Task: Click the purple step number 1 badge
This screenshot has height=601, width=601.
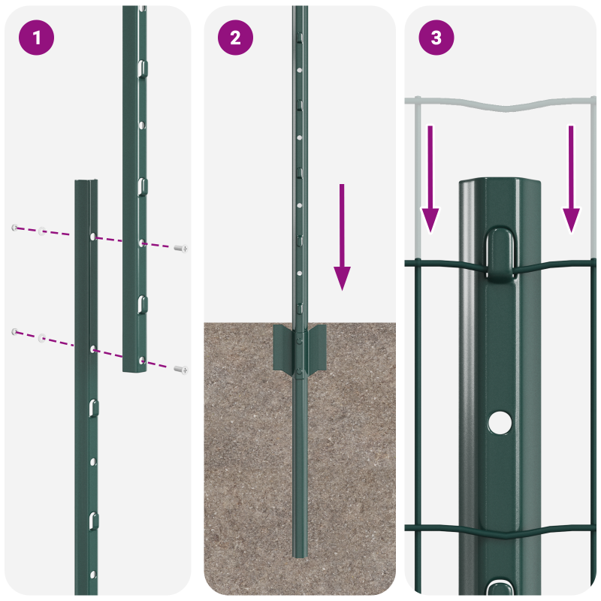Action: [x=37, y=38]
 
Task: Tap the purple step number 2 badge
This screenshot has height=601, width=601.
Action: [x=236, y=38]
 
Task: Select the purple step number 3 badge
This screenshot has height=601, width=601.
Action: [x=436, y=38]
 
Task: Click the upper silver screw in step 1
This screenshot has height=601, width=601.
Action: [x=180, y=248]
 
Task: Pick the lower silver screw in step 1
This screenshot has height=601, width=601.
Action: [x=180, y=369]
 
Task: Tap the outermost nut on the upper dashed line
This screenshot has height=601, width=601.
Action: [x=14, y=227]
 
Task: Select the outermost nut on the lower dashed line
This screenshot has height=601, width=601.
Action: [x=14, y=331]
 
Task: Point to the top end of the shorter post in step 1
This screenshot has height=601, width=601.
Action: [x=86, y=183]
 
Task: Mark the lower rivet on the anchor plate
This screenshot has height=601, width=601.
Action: [x=300, y=370]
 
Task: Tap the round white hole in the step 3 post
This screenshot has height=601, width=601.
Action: [x=497, y=423]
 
